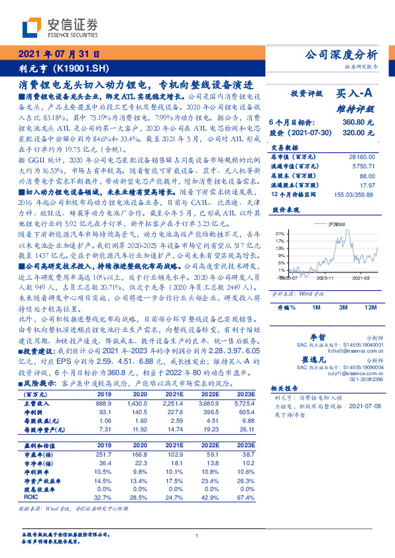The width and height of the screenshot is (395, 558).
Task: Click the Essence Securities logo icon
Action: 31,27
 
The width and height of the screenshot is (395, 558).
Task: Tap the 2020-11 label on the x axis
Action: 321,280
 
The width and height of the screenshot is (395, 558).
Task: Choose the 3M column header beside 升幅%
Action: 343,308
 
